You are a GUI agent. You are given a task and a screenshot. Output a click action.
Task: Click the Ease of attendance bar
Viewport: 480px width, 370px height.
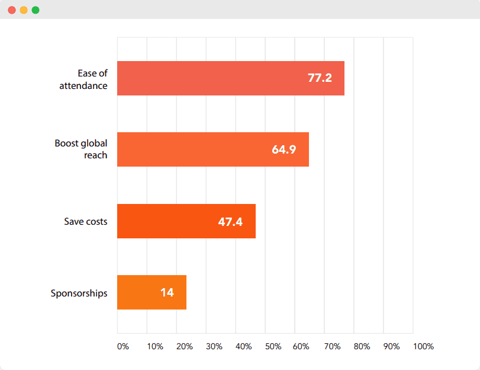(x=230, y=78)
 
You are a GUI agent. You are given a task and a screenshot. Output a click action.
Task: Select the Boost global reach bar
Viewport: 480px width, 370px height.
(x=212, y=149)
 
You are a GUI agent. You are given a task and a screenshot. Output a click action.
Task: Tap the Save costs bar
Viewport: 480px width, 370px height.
(x=186, y=221)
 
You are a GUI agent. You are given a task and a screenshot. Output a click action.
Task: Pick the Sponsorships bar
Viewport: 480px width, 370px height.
(x=152, y=292)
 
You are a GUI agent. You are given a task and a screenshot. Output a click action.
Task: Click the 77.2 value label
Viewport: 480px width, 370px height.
(x=320, y=78)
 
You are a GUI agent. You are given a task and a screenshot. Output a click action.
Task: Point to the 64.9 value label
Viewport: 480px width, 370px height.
(x=284, y=149)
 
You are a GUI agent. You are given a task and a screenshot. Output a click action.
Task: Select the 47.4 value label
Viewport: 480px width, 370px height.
(x=230, y=222)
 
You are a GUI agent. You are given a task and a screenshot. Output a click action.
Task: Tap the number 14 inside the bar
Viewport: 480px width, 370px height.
(x=167, y=292)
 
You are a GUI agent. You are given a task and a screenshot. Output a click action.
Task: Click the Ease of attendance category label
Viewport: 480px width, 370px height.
(x=83, y=79)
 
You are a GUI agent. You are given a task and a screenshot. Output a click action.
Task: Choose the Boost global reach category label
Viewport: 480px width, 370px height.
(x=81, y=149)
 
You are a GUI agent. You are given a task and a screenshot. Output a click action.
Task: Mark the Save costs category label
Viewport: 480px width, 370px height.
(x=86, y=221)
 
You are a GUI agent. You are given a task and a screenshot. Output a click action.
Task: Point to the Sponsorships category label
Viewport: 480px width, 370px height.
(x=79, y=293)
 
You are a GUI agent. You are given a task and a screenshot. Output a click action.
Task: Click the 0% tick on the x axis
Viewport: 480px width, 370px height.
(x=123, y=346)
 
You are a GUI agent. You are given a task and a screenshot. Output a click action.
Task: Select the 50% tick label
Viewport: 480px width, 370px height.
(x=273, y=346)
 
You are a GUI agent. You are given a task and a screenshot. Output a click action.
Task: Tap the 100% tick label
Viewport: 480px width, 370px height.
(x=423, y=346)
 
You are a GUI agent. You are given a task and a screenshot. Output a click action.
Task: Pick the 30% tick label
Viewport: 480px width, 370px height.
(x=214, y=346)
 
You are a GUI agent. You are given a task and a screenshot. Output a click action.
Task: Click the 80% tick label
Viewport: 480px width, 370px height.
(x=362, y=346)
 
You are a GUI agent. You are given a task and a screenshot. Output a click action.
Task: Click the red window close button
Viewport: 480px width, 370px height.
(x=12, y=10)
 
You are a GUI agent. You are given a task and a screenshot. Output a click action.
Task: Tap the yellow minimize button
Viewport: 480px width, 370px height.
(x=24, y=10)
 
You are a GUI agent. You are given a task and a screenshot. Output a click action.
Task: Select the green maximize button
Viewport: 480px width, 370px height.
(x=36, y=10)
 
